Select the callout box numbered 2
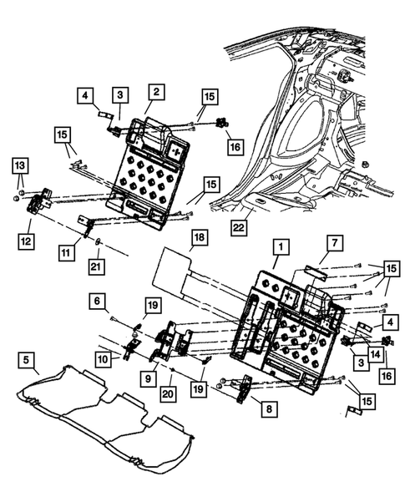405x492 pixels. [x=157, y=91]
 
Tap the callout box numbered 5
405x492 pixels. [x=28, y=362]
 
